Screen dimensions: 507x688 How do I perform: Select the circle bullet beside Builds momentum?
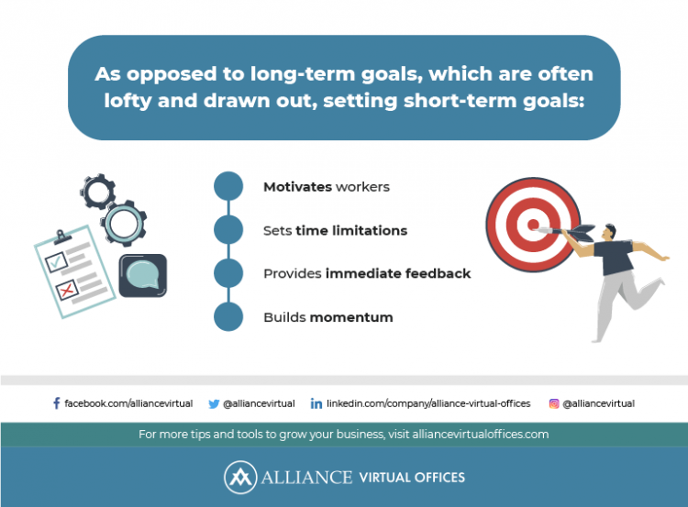(x=227, y=317)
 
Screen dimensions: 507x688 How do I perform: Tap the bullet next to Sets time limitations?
(x=227, y=230)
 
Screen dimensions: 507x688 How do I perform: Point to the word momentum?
(x=351, y=317)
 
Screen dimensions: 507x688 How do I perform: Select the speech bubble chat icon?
(x=143, y=274)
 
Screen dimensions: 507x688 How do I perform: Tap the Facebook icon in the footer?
(x=56, y=403)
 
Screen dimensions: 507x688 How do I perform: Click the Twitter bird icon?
(x=214, y=403)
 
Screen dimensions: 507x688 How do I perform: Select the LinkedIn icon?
(x=316, y=403)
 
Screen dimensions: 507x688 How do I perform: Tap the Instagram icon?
(x=554, y=403)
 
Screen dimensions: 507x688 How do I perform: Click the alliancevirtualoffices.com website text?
(x=472, y=434)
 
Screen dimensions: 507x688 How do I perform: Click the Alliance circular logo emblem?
(x=239, y=478)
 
